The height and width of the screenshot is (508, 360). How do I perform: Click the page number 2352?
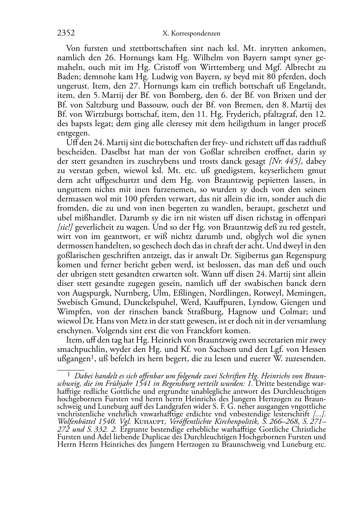(x=66, y=33)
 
